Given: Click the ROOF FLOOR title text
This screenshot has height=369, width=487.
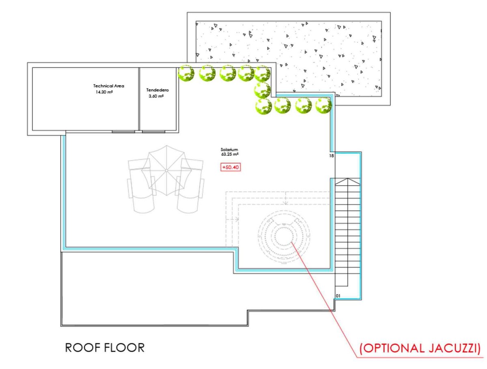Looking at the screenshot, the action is [x=105, y=347].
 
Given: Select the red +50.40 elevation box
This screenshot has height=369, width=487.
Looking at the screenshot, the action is [x=230, y=167].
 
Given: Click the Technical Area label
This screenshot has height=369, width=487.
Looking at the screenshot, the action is [x=108, y=86].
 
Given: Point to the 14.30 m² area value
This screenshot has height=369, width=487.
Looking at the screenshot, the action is [x=104, y=92].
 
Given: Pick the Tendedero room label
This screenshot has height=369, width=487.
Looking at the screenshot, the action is [x=157, y=90].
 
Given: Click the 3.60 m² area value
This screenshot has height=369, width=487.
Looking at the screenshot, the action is [x=156, y=96].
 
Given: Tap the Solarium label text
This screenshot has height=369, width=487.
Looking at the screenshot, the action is [x=229, y=149].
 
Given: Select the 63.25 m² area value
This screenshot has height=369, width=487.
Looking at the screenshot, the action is [x=230, y=154].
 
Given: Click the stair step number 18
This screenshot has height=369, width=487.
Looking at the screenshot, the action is [x=331, y=156].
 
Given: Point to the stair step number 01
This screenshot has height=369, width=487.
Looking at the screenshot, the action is [x=338, y=296].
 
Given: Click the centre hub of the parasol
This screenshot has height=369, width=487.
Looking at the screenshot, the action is [x=166, y=170].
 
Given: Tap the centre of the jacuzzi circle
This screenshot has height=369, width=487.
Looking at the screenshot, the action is [x=284, y=236].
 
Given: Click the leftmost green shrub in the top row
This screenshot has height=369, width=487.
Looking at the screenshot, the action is [x=186, y=73].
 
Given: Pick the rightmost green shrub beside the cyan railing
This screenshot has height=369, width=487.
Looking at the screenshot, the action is [x=323, y=106].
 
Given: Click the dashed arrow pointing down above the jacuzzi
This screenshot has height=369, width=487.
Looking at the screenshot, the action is [x=286, y=198].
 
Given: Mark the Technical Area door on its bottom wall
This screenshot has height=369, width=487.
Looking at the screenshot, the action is [x=123, y=132].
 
